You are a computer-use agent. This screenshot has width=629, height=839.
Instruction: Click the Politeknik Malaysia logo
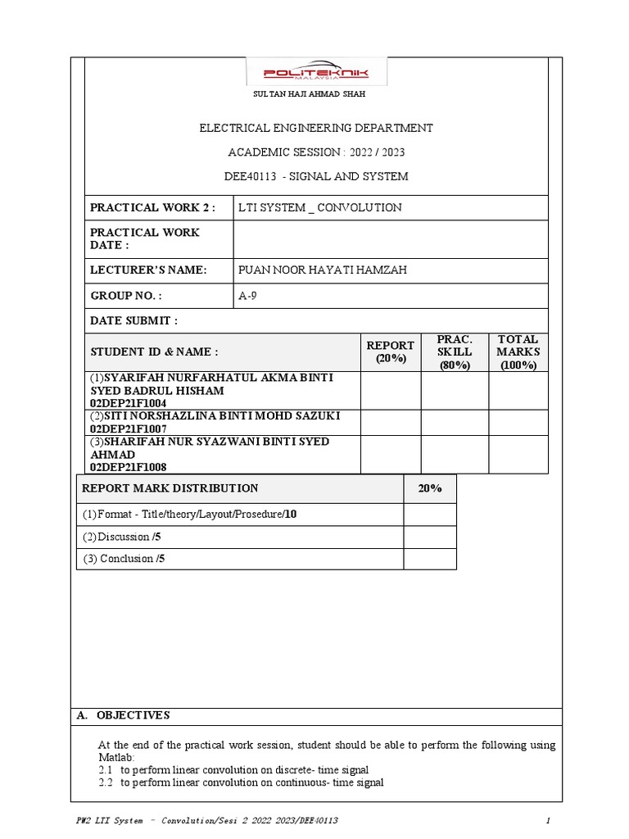pyautogui.click(x=316, y=74)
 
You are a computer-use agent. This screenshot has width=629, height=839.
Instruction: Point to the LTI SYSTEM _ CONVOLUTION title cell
pyautogui.click(x=319, y=207)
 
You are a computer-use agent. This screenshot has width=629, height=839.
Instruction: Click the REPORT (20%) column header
pyautogui.click(x=391, y=352)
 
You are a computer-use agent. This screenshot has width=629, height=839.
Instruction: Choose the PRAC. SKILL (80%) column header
pyautogui.click(x=455, y=352)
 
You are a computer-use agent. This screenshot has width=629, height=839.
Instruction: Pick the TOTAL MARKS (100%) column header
pyautogui.click(x=518, y=352)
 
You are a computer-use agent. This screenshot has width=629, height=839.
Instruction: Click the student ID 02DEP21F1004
pyautogui.click(x=129, y=403)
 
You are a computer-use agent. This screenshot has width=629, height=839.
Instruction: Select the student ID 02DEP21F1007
pyautogui.click(x=129, y=429)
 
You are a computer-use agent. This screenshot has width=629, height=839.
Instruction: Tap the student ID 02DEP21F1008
pyautogui.click(x=129, y=467)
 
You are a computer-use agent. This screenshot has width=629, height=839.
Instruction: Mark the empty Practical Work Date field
pyautogui.click(x=390, y=239)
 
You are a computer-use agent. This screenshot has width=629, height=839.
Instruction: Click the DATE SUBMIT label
pyautogui.click(x=133, y=320)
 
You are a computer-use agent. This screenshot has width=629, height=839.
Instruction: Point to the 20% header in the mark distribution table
pyautogui.click(x=429, y=488)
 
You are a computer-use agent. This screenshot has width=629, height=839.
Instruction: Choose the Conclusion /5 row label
pyautogui.click(x=124, y=559)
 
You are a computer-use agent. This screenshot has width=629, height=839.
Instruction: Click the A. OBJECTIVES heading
pyautogui.click(x=123, y=715)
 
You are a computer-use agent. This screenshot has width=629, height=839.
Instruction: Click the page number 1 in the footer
pyautogui.click(x=547, y=820)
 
